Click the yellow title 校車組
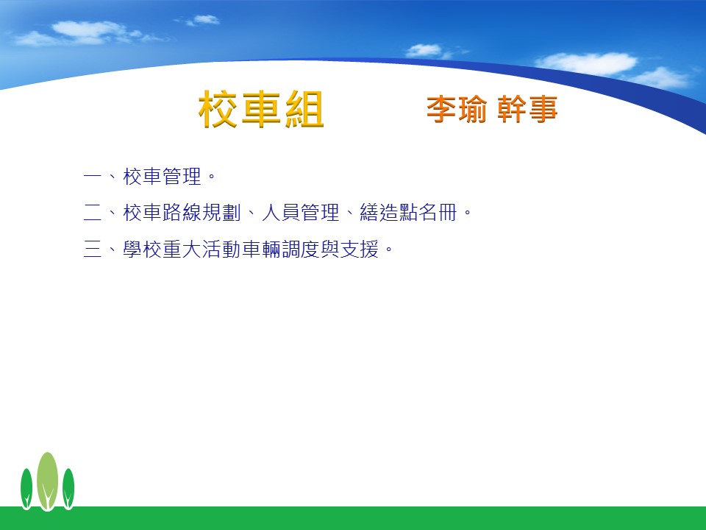pyautogui.click(x=261, y=109)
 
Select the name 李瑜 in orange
pyautogui.click(x=457, y=109)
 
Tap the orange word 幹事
pyautogui.click(x=528, y=109)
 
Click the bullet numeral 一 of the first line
pyautogui.click(x=93, y=176)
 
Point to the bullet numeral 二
pyautogui.click(x=93, y=212)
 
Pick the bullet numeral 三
pyautogui.click(x=93, y=249)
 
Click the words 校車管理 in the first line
pyautogui.click(x=162, y=176)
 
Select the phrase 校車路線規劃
pyautogui.click(x=182, y=212)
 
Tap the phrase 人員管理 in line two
pyautogui.click(x=300, y=212)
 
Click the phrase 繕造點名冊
pyautogui.click(x=408, y=212)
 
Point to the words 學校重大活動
pyautogui.click(x=182, y=249)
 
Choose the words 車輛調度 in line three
pyautogui.click(x=281, y=249)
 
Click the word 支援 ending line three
pyautogui.click(x=360, y=249)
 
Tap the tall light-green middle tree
pyautogui.click(x=47, y=481)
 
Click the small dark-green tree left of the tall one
pyautogui.click(x=26, y=489)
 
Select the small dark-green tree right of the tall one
pyautogui.click(x=68, y=489)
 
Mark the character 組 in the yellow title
pyautogui.click(x=304, y=109)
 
